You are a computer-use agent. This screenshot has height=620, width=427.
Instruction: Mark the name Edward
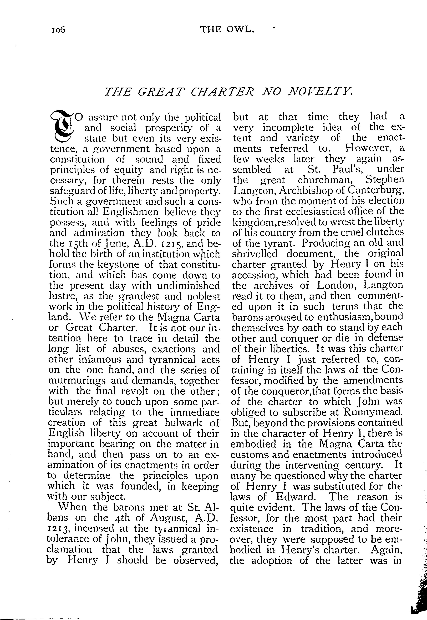point(296,497)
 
